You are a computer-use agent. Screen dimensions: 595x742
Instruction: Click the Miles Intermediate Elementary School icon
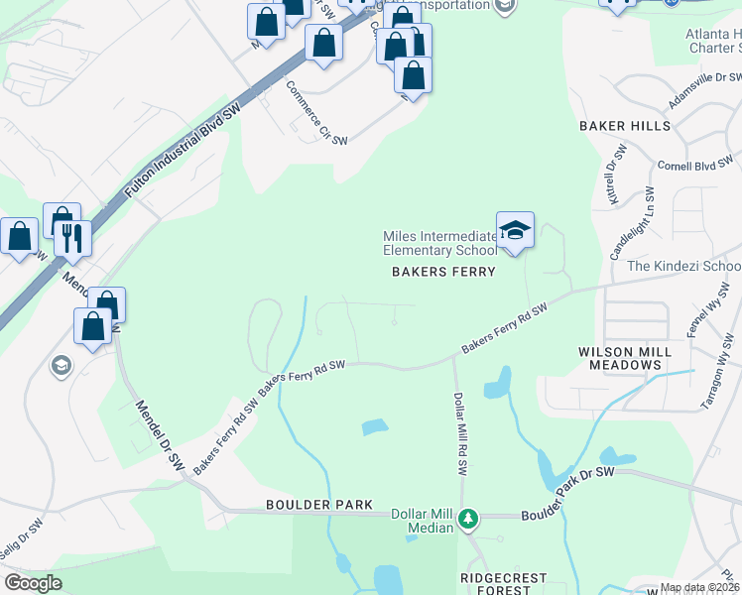(x=515, y=232)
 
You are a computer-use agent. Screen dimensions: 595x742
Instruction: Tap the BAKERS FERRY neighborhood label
(x=443, y=272)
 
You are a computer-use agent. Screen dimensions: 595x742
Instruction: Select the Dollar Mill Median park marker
(x=469, y=518)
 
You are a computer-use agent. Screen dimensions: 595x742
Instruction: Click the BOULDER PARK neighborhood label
(x=319, y=505)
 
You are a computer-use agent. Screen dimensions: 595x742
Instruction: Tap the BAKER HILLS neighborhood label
(x=625, y=126)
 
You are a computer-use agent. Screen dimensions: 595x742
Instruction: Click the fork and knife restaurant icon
(x=72, y=237)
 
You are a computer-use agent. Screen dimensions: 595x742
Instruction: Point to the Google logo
(x=33, y=583)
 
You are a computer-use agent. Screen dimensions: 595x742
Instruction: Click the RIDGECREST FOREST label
(x=494, y=583)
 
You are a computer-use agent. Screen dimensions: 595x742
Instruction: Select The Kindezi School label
(x=683, y=266)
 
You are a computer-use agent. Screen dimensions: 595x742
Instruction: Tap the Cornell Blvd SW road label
(x=694, y=163)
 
